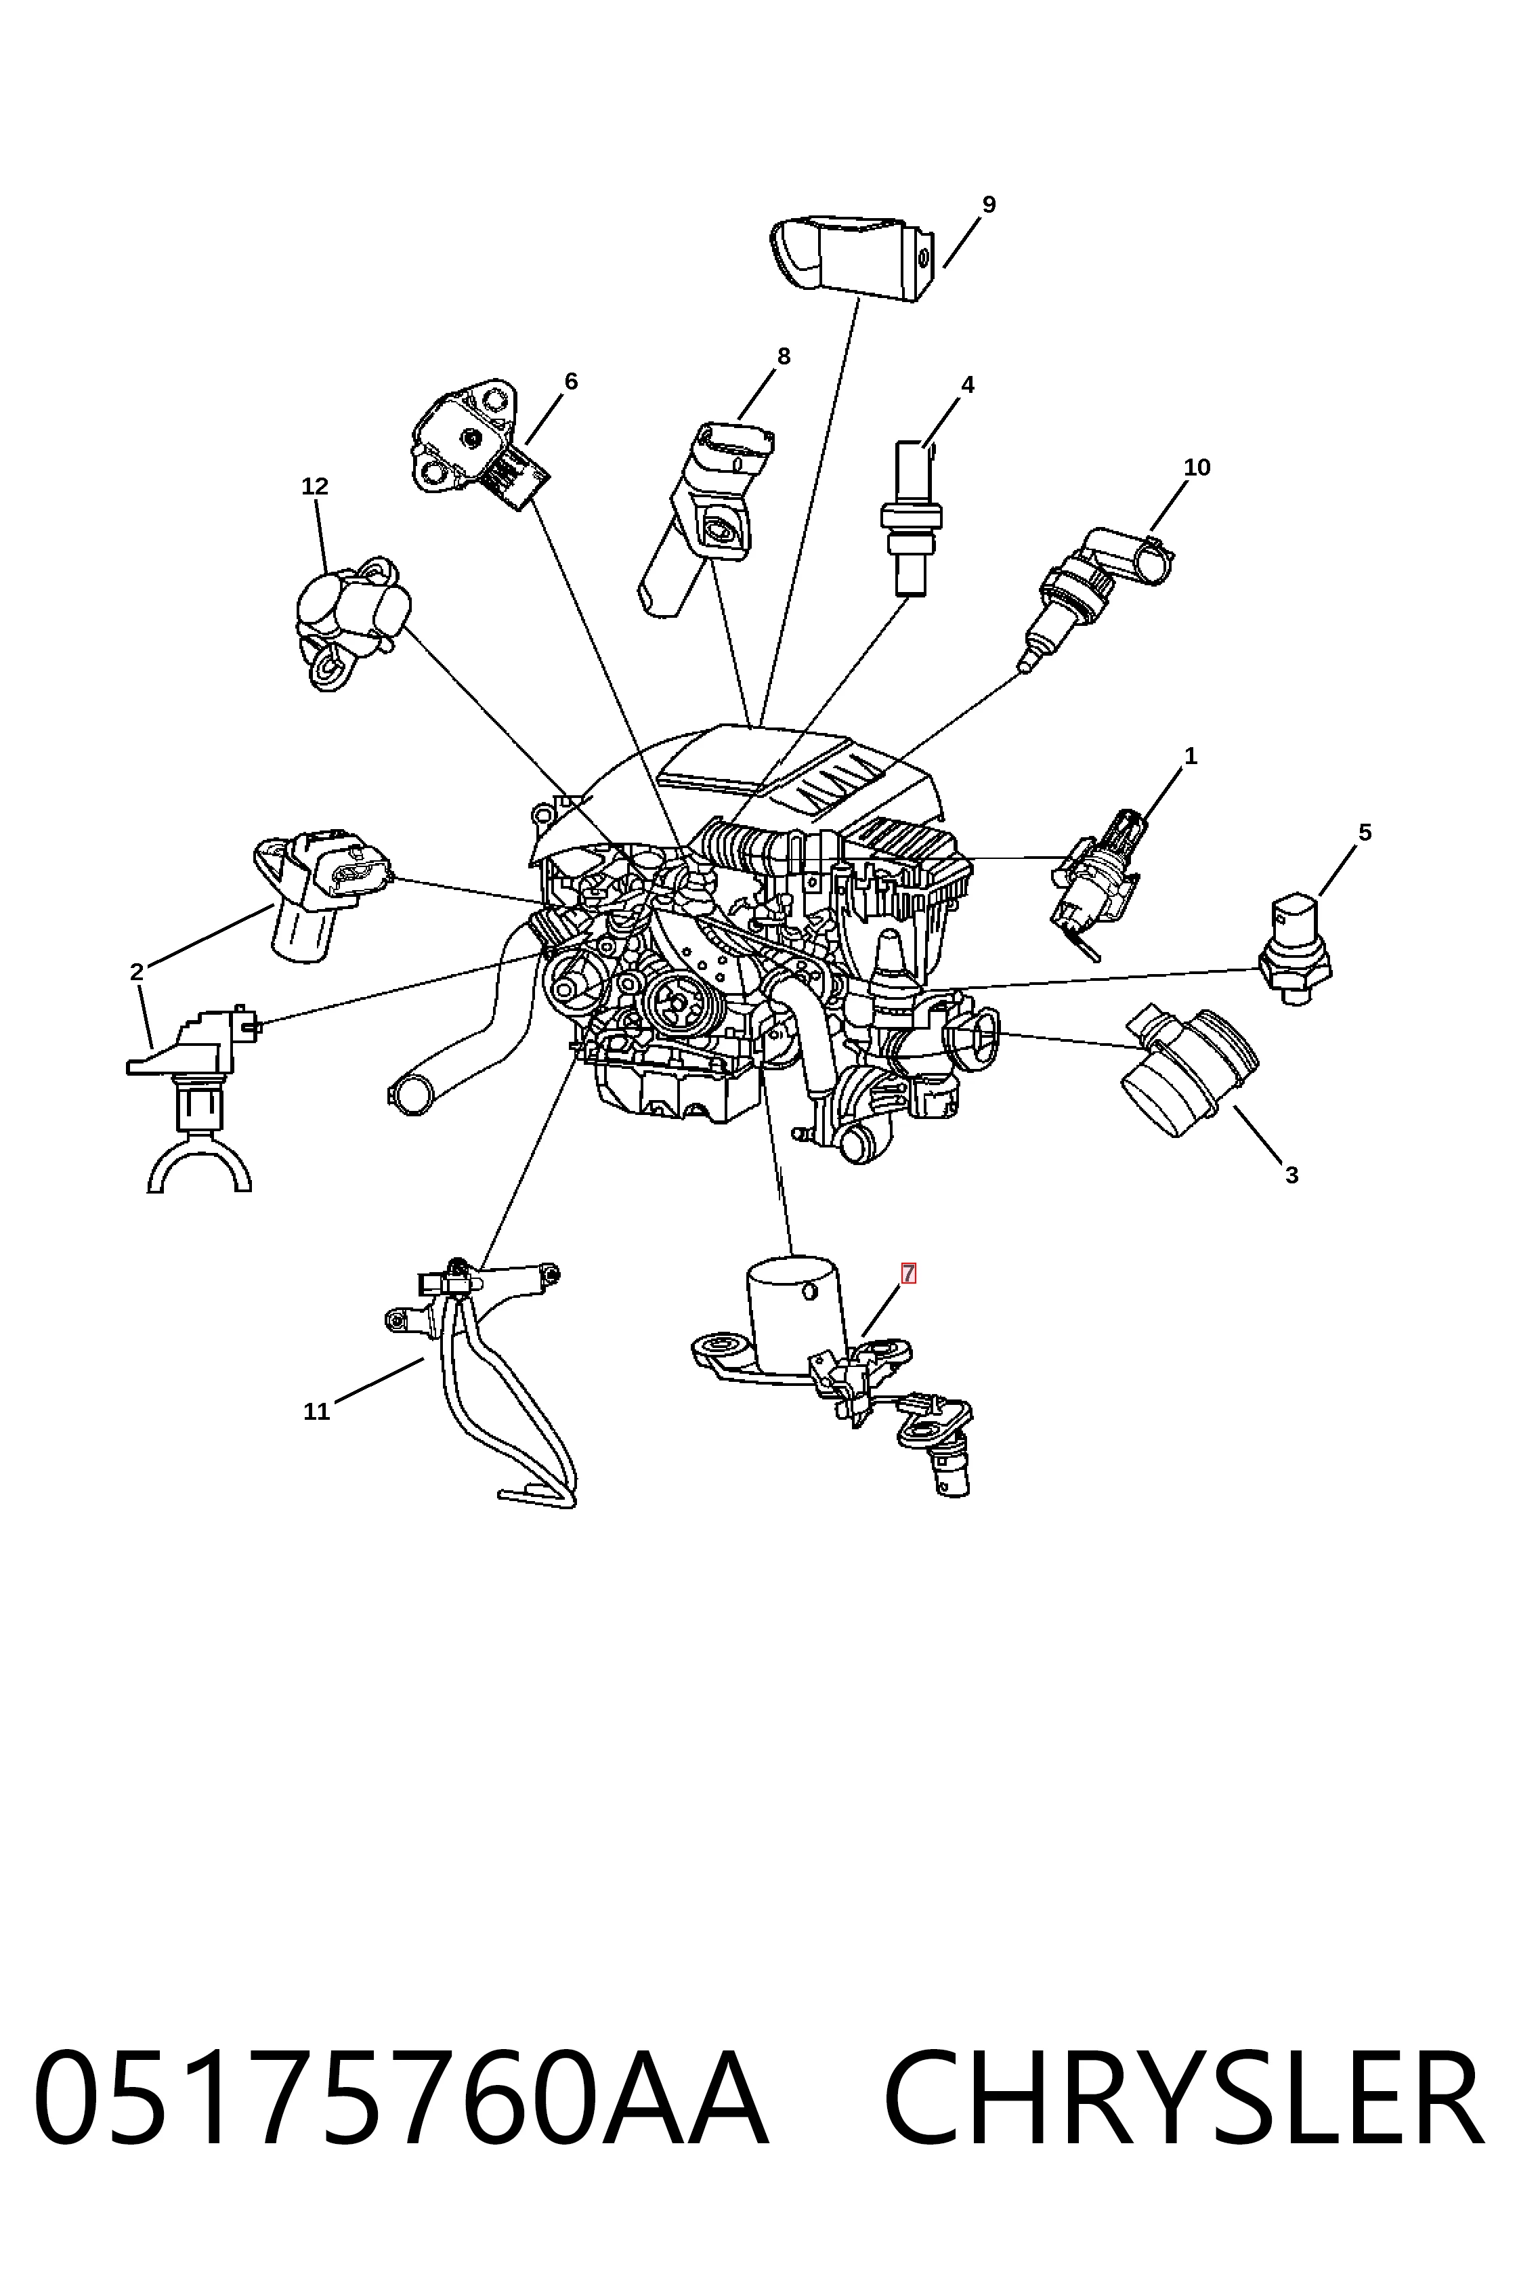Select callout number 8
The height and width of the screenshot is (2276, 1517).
[784, 356]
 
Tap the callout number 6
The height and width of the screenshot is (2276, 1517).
[571, 381]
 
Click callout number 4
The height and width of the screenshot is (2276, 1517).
[968, 384]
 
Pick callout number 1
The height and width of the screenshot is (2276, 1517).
[1191, 756]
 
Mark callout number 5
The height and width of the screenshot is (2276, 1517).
[1365, 833]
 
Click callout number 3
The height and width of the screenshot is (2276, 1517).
[1291, 1175]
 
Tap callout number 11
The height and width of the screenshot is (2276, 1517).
[316, 1412]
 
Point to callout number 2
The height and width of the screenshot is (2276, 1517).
[136, 971]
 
